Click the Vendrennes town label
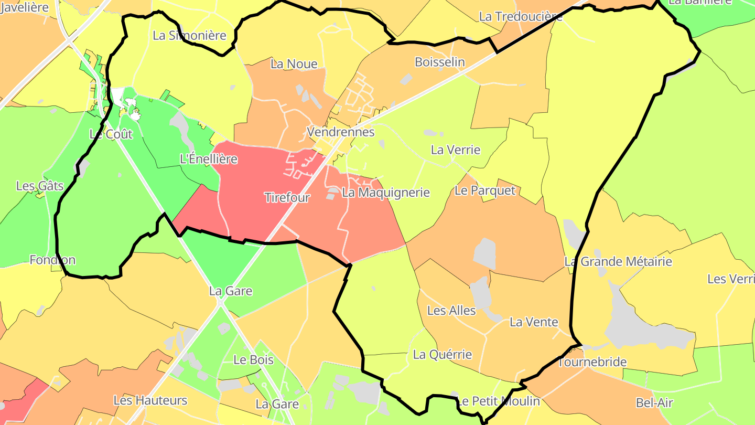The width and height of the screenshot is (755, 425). pos(341,132)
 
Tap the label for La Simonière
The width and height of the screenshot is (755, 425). pos(189,36)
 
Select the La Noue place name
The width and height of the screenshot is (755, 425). pos(294,64)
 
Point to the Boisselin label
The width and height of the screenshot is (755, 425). pos(439,62)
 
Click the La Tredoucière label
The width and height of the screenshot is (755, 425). pos(521,17)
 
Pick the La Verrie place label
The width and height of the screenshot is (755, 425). pos(455,150)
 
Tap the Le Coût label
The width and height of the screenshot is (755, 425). pos(111,134)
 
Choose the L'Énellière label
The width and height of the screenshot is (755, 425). pos(208,159)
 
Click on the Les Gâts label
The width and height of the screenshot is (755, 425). pos(40,186)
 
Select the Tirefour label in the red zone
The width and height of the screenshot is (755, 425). pos(287,198)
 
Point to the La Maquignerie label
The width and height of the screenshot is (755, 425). pos(385,193)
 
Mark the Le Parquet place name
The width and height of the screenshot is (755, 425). pos(485,190)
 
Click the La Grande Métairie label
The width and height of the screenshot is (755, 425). pos(618,261)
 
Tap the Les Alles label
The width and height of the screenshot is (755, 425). pos(451,311)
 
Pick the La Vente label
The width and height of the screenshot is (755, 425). pos(534,322)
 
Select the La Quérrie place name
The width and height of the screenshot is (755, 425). pos(442,355)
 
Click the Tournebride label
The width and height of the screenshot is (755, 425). pos(592,363)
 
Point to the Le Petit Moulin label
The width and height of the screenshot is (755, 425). pos(499,401)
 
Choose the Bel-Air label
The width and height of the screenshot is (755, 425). pos(654,403)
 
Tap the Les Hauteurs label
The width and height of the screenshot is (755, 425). pos(150,400)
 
